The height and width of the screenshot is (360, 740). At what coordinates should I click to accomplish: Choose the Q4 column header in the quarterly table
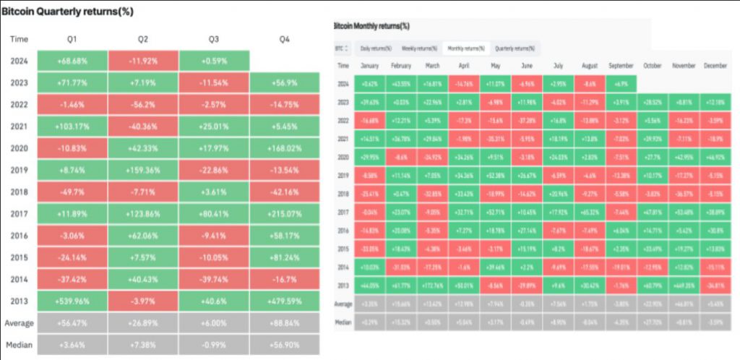click(285, 39)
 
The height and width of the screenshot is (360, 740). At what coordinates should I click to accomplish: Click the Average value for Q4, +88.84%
click(285, 322)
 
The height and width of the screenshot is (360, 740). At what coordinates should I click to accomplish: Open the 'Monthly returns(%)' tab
click(466, 48)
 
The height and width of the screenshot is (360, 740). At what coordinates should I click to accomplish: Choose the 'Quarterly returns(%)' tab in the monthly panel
click(514, 48)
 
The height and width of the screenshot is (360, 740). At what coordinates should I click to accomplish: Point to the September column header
click(621, 66)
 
